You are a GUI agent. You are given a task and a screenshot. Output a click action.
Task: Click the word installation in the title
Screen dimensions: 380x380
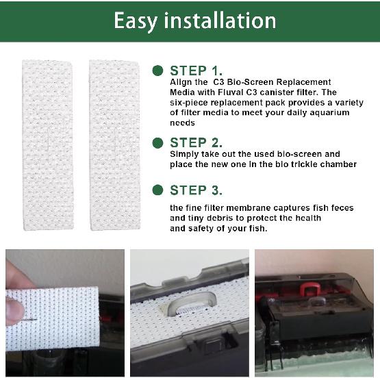(220, 21)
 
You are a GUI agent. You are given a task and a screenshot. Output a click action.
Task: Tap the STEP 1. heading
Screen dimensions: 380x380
(197, 71)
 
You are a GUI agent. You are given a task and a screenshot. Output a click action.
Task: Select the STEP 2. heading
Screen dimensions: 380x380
(197, 142)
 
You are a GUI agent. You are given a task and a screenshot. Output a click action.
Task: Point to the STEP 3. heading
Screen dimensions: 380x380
(197, 190)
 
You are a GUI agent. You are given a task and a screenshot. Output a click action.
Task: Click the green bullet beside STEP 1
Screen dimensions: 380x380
(157, 71)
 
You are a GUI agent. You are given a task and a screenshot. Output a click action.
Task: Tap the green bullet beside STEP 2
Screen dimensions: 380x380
(157, 142)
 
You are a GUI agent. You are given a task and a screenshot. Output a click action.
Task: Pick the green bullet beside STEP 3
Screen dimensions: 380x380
(157, 190)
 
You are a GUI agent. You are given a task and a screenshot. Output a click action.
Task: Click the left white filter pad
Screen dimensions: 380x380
(48, 144)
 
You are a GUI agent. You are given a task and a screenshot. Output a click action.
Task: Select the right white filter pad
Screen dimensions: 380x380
(114, 144)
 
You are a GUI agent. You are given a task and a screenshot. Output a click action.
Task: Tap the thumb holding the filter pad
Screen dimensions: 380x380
(17, 281)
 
